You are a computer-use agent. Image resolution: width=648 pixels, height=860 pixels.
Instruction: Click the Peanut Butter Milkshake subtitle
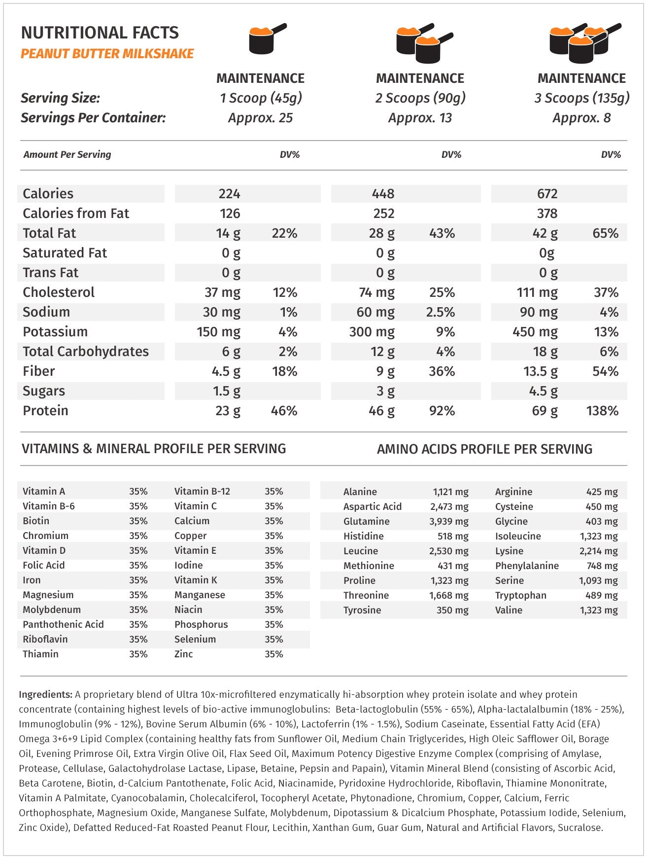pos(107,54)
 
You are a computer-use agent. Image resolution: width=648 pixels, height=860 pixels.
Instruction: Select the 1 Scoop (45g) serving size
pos(261,98)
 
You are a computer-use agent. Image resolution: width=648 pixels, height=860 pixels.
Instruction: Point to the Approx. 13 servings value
pos(420,118)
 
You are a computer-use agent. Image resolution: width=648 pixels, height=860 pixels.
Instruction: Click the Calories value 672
pos(547,194)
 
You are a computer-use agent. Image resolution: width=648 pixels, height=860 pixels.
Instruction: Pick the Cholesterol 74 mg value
pos(376,292)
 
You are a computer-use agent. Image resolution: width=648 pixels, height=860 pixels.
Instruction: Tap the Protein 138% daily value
pos(602,411)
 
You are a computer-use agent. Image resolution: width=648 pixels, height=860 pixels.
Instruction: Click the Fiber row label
pos(39,371)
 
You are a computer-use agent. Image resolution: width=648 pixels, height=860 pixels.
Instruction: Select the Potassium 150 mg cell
pos(218,332)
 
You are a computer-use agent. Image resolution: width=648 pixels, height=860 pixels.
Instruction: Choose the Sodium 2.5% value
pos(441,312)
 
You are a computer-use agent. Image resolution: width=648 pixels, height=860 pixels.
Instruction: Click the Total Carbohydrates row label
pos(86,352)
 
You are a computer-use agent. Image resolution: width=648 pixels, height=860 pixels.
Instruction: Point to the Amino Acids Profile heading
pos(484,449)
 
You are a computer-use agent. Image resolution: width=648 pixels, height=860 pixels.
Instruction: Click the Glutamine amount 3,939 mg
pos(449,521)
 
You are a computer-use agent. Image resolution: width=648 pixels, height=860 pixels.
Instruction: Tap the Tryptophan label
pos(520,595)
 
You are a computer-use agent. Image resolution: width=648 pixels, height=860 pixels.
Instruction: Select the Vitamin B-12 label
pos(202,491)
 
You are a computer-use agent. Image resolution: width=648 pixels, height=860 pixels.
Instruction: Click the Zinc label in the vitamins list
pos(183,654)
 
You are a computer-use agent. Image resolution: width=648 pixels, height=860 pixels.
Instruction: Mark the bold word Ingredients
pos(46,694)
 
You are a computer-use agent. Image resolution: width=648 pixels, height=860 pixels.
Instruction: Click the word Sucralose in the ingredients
pos(580,827)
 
